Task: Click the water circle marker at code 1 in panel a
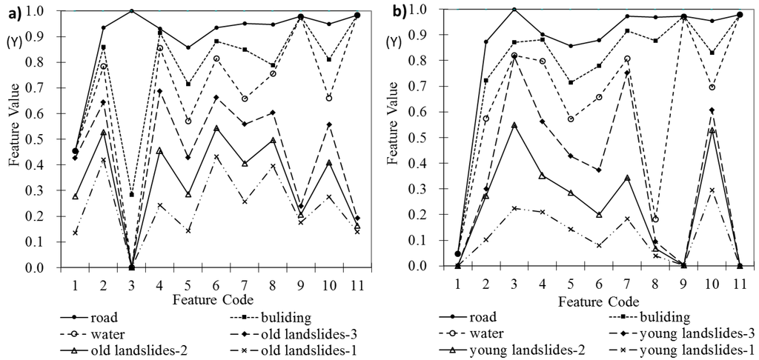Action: click(x=75, y=151)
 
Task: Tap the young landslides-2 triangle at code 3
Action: click(x=514, y=125)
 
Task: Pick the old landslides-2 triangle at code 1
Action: click(x=75, y=196)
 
